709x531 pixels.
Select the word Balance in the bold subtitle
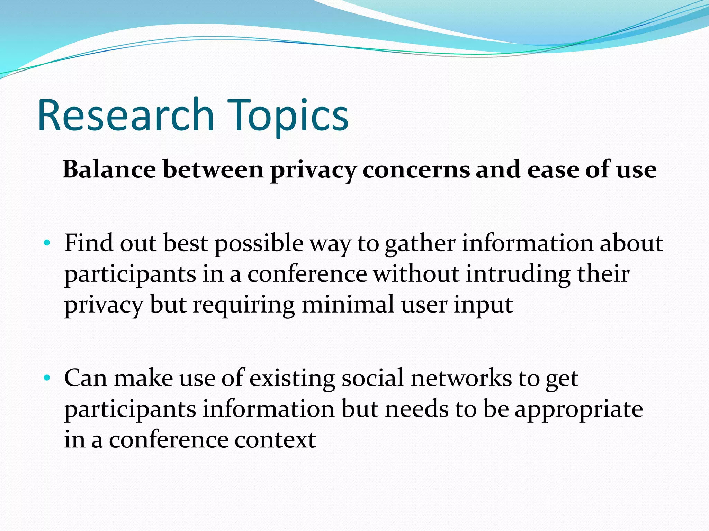click(109, 170)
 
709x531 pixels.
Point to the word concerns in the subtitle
click(416, 170)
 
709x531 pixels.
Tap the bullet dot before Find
click(47, 243)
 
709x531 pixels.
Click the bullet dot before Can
click(47, 378)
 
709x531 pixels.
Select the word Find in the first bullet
click(89, 243)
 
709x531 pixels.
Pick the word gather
click(420, 243)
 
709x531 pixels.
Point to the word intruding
click(518, 274)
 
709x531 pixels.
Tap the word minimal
click(348, 305)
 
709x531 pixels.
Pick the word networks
click(461, 378)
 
